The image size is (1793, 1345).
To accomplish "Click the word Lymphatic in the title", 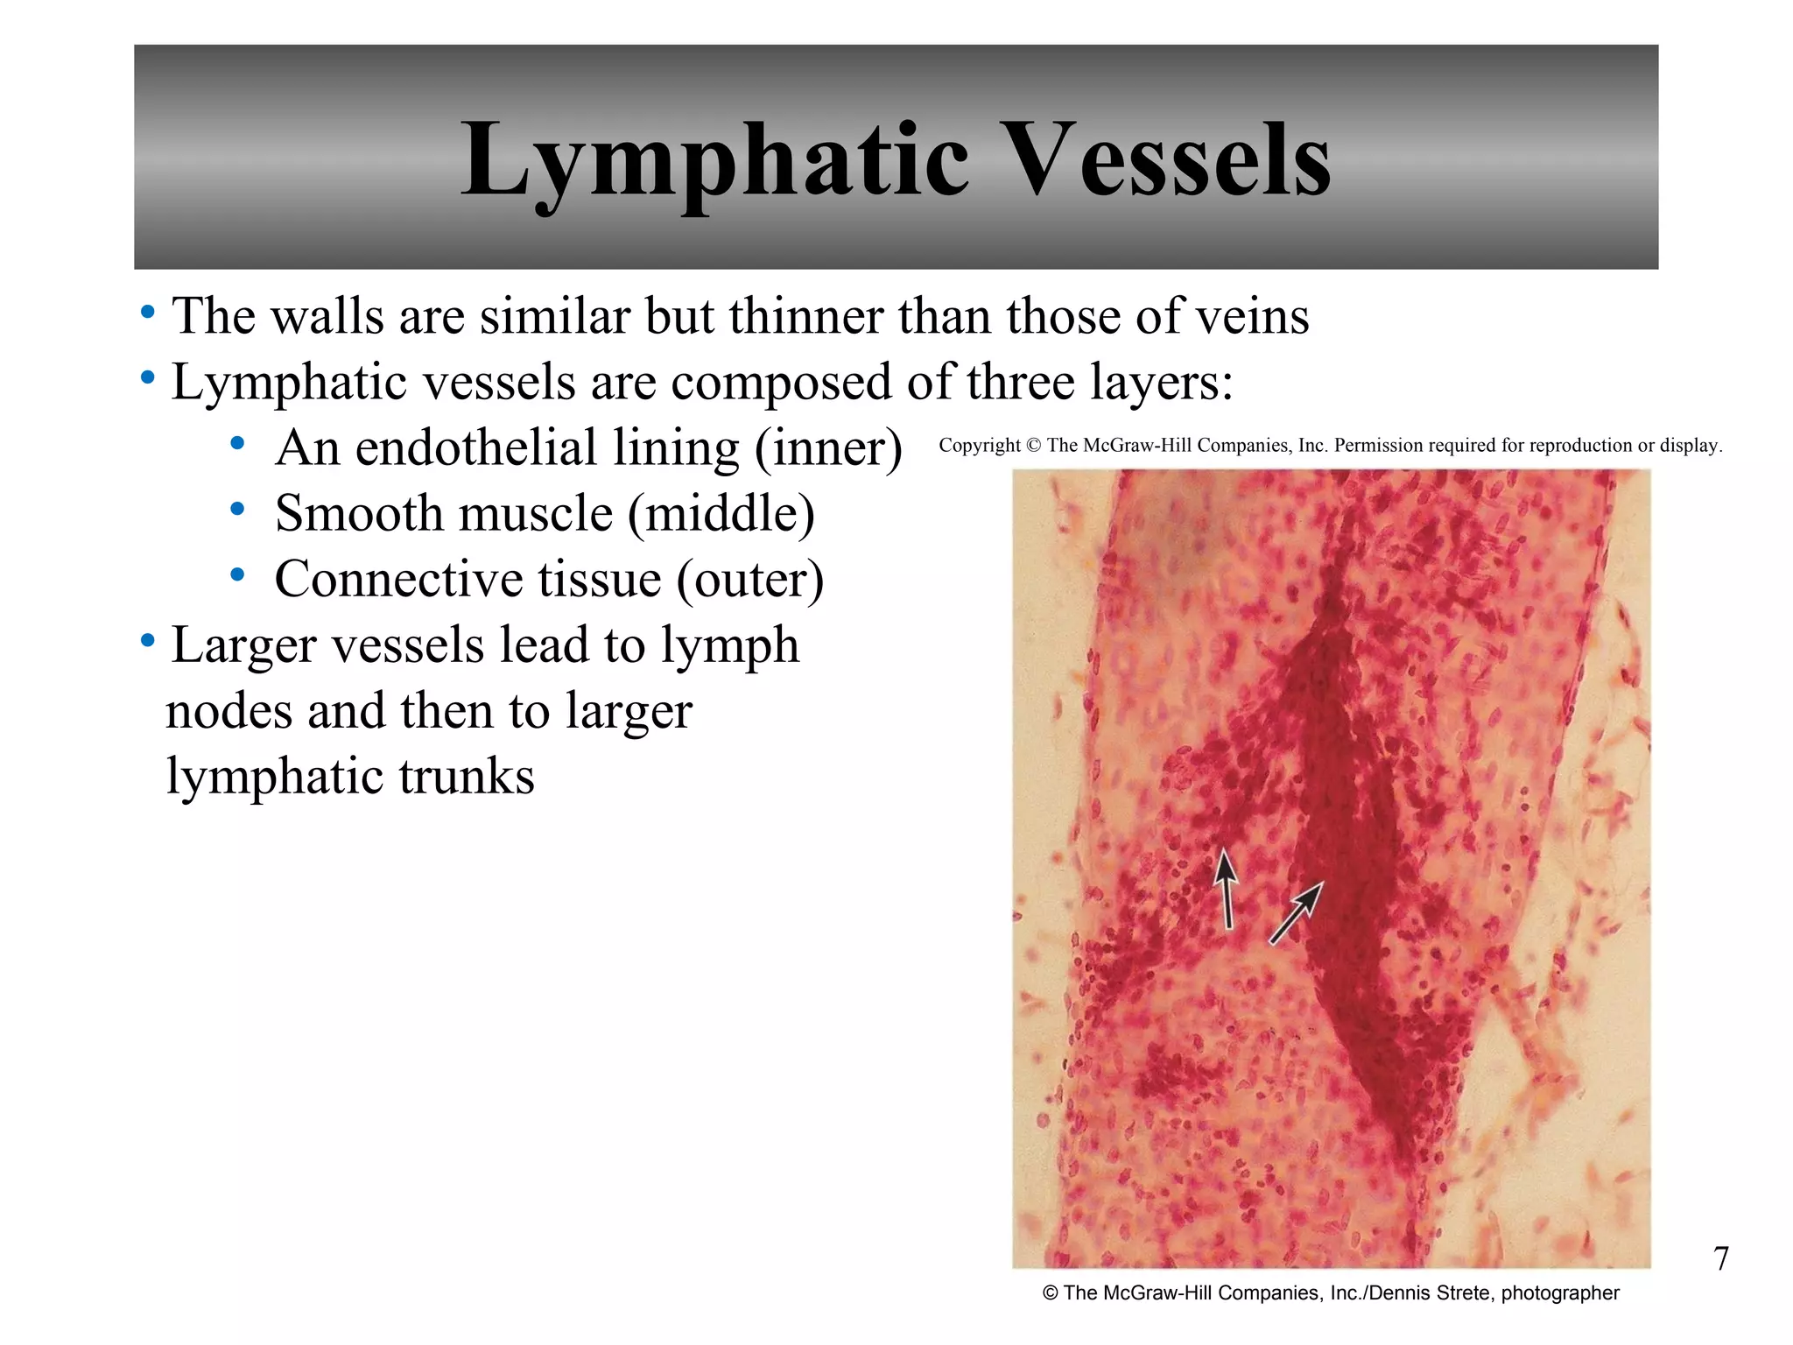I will coord(714,162).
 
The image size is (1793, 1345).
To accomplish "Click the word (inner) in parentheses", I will coord(828,448).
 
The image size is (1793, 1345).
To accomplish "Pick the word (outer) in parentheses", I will coord(749,580).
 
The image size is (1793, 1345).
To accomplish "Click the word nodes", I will coord(229,711).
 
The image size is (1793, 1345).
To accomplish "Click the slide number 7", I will coord(1720,1258).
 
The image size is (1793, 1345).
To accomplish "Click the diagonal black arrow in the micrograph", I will coord(1296,912).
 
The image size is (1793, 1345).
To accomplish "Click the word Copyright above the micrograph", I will coord(979,446).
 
